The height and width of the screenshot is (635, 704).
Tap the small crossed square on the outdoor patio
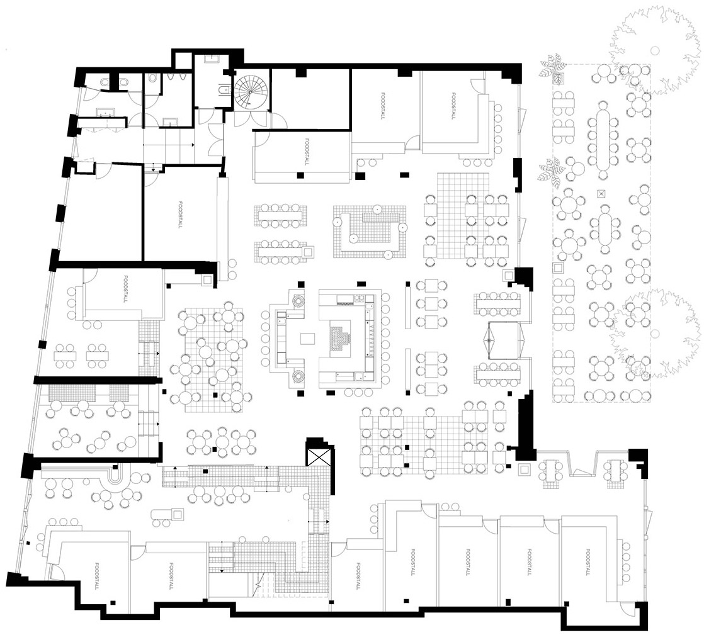(601, 193)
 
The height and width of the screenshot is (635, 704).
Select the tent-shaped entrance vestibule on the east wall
(502, 339)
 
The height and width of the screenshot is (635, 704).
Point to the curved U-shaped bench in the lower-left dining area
(118, 478)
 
